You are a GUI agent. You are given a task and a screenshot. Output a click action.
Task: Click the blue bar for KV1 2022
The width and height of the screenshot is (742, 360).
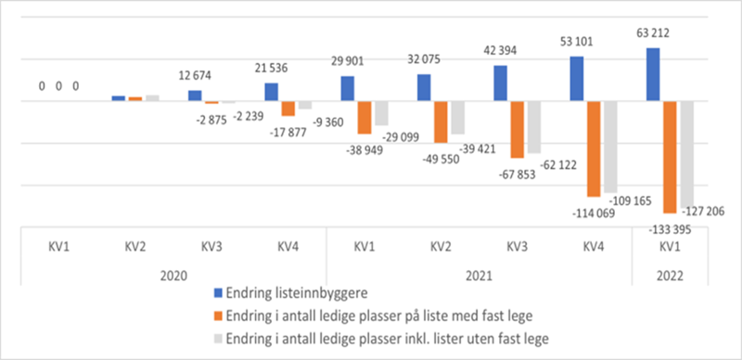click(x=653, y=74)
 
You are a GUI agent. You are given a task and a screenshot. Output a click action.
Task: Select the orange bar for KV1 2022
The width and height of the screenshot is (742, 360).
click(x=670, y=158)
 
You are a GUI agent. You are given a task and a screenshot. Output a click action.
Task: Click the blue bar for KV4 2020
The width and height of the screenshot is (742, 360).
click(x=271, y=91)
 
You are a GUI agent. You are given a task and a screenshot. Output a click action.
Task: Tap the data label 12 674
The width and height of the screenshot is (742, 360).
click(x=195, y=73)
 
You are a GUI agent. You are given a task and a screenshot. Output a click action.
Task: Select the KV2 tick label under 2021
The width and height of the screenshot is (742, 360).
click(x=441, y=249)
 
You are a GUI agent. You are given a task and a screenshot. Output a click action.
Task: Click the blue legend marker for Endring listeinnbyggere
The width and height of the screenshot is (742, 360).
click(x=218, y=297)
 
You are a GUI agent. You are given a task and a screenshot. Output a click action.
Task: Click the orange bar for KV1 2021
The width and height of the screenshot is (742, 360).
click(x=365, y=118)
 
